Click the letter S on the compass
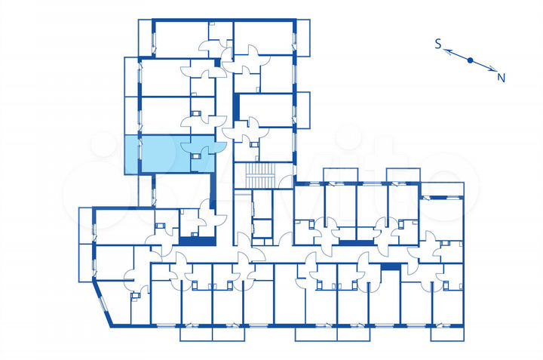437,45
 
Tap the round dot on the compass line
470,60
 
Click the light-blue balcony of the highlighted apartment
131,154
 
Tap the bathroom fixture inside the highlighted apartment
197,157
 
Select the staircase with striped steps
262,177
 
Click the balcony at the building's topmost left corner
146,36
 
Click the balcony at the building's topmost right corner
303,36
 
